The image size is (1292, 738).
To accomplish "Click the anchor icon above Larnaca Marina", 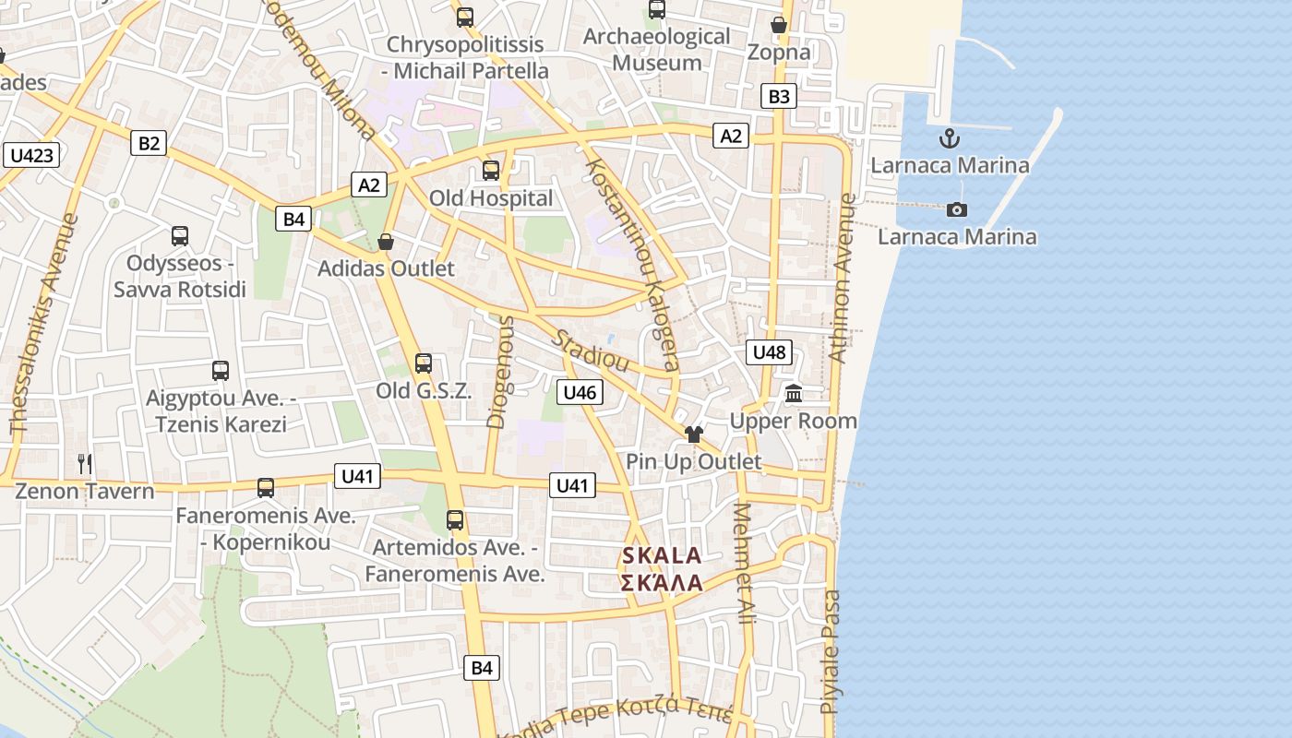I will pos(950,139).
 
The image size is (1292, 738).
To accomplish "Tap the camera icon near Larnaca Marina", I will pos(957,209).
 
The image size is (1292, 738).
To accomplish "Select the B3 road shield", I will pos(779,96).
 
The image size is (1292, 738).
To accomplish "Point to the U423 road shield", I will pos(31,155).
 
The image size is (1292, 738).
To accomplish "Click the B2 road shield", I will pos(149,143).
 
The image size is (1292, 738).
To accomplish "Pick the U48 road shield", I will pos(769,351).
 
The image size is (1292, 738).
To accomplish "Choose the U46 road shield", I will pos(580,392).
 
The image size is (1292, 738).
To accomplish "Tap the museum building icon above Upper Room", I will pos(794,395).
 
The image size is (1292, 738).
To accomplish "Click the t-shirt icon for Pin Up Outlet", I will pos(694,434).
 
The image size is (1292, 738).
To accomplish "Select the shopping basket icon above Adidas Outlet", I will pos(386,242).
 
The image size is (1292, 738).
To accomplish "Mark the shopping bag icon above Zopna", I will pos(779,25).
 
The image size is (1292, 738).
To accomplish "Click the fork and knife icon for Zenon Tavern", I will pos(85,463).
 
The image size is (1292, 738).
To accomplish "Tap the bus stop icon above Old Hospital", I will pos(491,171).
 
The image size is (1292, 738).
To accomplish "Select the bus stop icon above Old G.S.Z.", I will pos(424,363).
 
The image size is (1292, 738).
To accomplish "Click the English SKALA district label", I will pos(662,556).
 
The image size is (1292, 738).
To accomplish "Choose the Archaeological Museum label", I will pos(657,50).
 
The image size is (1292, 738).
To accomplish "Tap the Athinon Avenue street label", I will pos(842,278).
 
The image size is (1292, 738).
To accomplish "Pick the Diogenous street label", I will pos(499,372).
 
